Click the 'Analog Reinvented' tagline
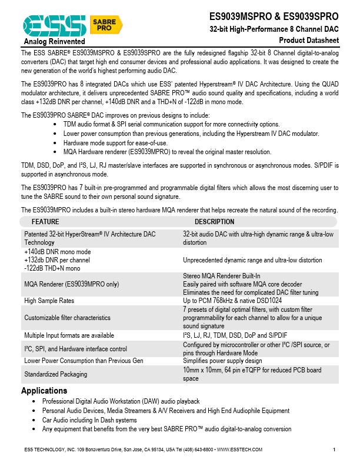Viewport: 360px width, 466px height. tap(54, 42)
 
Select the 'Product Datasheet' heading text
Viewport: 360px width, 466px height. tap(309, 40)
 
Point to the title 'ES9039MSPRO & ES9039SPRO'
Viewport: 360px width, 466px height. tap(274, 17)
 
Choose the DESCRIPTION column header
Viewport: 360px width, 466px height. tap(214, 222)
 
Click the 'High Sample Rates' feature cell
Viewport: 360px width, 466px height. tap(49, 301)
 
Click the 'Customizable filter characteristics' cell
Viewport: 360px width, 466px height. tap(67, 318)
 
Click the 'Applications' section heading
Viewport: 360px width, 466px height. tap(44, 391)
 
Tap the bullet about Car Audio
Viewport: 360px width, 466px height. tap(89, 420)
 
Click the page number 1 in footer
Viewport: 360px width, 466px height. tap(334, 450)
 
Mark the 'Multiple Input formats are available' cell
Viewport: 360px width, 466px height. tap(69, 335)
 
